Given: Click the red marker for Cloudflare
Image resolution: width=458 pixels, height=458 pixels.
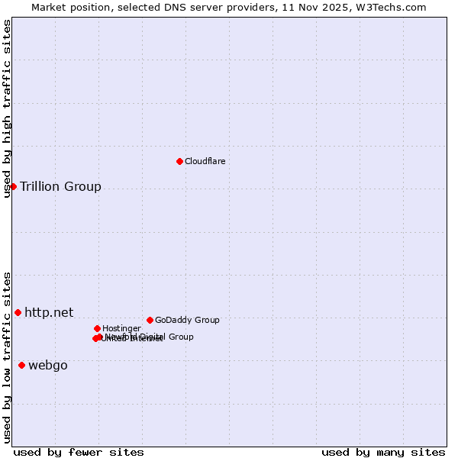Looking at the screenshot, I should coord(179,161).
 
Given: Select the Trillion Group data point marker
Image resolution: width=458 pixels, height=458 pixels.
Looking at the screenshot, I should coord(13,186).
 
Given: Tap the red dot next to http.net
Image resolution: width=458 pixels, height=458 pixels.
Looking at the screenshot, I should coord(18,312).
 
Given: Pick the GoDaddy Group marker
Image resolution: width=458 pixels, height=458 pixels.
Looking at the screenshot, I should coord(150,320).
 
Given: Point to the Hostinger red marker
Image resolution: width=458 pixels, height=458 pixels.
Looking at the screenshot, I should coord(97,328).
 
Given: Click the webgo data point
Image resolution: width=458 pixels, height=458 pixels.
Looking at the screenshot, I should coord(21,365).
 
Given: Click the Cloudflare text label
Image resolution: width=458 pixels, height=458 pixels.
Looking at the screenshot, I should coord(205,161).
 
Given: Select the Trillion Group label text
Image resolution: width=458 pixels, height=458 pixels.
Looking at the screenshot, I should coord(60,187).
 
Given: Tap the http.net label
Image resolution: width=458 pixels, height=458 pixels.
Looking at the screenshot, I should coord(49,312).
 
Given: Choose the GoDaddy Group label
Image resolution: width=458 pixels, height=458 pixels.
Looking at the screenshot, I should coord(187,320).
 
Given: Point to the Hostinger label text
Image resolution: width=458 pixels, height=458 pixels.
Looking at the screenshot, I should coord(121,328).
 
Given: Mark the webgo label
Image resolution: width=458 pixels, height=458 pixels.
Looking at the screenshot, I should coord(48,366).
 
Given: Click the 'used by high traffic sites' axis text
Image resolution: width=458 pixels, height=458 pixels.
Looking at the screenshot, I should coord(8,108).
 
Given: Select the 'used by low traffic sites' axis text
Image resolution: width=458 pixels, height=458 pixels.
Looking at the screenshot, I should coord(8,357).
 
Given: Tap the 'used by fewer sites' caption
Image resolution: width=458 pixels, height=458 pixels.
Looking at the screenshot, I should coord(79,452).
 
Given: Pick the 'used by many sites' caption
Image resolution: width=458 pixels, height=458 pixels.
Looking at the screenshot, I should coord(383,452).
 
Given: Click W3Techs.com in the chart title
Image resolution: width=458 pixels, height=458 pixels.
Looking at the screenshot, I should coord(389,7).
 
